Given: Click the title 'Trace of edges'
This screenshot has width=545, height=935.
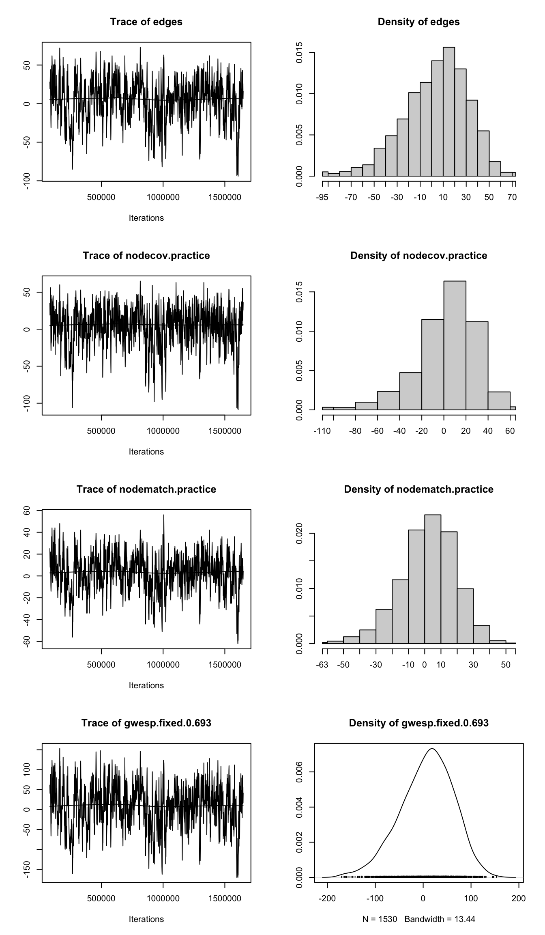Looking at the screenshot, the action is (146, 22).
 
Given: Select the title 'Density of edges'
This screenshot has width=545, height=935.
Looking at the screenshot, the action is (418, 22).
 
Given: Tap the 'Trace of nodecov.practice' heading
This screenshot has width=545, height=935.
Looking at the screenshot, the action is (146, 256).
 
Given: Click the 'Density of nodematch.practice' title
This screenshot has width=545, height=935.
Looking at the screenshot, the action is (418, 489).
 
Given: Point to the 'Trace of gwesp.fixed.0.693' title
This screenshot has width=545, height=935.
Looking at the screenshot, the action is (146, 723).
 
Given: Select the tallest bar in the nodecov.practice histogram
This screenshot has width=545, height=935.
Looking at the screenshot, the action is (455, 345).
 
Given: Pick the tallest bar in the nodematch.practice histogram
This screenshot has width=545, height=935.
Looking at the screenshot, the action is (433, 579).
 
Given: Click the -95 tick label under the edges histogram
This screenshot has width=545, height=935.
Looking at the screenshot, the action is (322, 198).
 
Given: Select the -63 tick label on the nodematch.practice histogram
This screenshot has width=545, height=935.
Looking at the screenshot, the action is (322, 665).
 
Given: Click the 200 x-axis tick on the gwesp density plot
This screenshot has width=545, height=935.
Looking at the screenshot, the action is (519, 899).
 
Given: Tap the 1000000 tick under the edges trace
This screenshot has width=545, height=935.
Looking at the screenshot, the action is (163, 198).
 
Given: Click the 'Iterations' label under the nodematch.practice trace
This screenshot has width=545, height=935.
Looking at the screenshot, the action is (146, 685).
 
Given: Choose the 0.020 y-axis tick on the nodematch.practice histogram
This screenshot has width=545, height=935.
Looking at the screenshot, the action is (300, 533).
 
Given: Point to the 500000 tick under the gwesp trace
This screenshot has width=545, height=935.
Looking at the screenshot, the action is (101, 899).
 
